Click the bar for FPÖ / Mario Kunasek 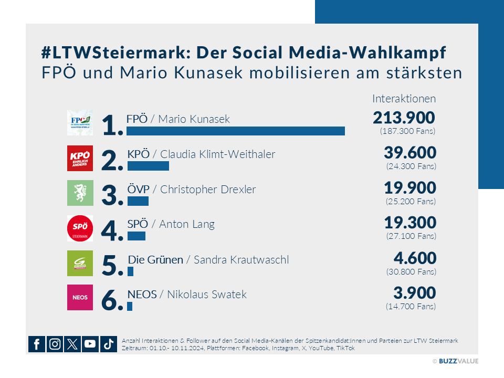[235, 131]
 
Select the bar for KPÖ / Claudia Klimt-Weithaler [148, 166]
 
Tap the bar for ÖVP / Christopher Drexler [138, 201]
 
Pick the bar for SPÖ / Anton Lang [136, 236]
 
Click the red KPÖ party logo [80, 158]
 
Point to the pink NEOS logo [80, 297]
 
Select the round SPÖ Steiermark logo [80, 228]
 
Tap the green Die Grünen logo [80, 263]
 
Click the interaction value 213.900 [404, 118]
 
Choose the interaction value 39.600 [409, 153]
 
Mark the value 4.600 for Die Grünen [415, 258]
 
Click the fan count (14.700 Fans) [411, 306]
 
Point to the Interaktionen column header [404, 99]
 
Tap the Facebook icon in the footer [37, 344]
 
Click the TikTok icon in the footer [108, 344]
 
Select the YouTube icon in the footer [90, 344]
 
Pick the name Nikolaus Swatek [206, 295]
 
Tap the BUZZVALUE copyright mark [455, 361]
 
